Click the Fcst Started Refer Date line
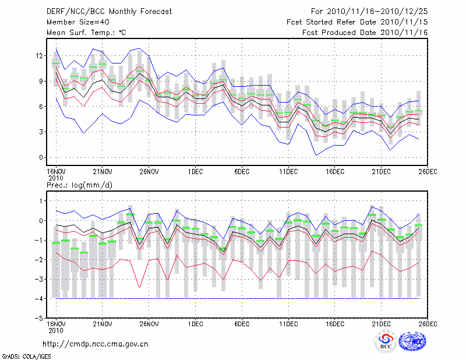(x=357, y=22)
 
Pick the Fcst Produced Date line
(x=365, y=33)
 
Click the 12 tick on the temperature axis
(x=40, y=56)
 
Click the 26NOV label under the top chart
(x=149, y=172)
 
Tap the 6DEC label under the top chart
(x=242, y=172)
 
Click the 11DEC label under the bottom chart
(x=288, y=324)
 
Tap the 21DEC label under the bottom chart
(x=382, y=324)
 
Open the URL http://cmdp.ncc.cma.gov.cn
(x=96, y=344)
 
